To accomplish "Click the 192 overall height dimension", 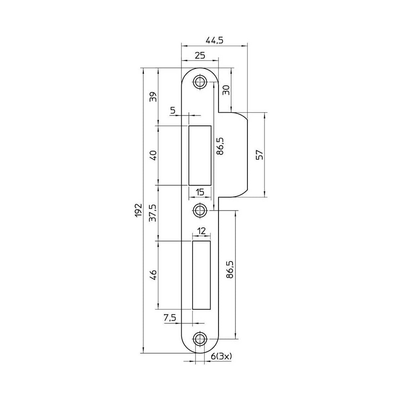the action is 138,210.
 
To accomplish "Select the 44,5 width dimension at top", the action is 215,40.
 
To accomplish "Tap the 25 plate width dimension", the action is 200,55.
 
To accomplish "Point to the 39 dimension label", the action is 153,96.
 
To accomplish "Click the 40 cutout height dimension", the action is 153,155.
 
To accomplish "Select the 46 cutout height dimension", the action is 153,275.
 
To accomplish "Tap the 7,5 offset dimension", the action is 170,318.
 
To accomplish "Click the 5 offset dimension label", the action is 173,111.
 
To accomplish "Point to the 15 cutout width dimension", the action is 200,192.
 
